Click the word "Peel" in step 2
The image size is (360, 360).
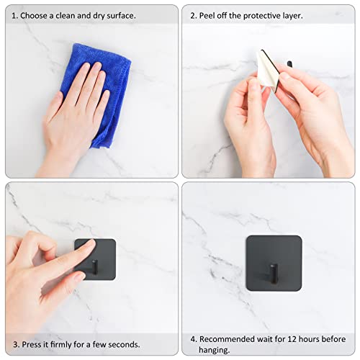[x=210, y=14]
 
